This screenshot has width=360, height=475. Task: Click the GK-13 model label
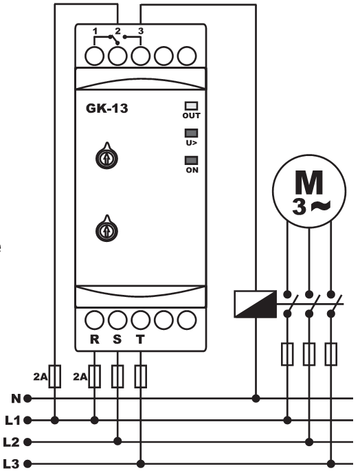point(107,108)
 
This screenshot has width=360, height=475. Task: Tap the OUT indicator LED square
point(191,106)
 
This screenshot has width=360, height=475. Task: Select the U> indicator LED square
point(191,133)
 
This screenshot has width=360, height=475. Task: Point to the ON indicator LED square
point(191,161)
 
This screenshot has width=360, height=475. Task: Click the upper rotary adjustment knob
point(106,157)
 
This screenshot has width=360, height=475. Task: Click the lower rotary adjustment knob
point(106,230)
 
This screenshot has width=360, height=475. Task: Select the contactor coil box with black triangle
point(256,304)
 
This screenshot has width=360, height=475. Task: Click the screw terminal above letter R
point(95,320)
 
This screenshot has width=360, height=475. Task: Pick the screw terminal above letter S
point(117,320)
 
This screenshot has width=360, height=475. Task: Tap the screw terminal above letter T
point(140,320)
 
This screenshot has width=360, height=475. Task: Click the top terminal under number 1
point(95,56)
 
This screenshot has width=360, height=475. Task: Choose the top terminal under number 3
point(140,56)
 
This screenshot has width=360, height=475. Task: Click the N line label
point(16,399)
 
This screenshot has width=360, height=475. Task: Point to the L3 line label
point(12,464)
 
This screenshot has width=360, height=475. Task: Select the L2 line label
point(12,442)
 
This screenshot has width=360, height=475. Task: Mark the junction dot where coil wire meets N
point(256,399)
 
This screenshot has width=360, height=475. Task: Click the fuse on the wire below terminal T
point(140,377)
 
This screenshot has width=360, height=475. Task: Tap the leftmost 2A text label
point(41,377)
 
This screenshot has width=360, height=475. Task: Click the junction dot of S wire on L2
point(117,441)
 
